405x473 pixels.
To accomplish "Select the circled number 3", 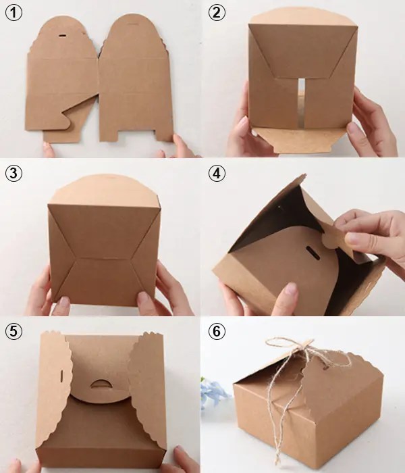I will pyautogui.click(x=14, y=173).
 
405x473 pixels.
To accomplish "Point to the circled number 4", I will pyautogui.click(x=217, y=173).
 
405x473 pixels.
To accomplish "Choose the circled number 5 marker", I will pyautogui.click(x=14, y=330).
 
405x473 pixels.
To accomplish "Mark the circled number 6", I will pyautogui.click(x=217, y=330).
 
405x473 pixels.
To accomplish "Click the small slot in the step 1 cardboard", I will pyautogui.click(x=63, y=32).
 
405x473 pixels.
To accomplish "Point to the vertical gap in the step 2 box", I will pyautogui.click(x=301, y=101).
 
